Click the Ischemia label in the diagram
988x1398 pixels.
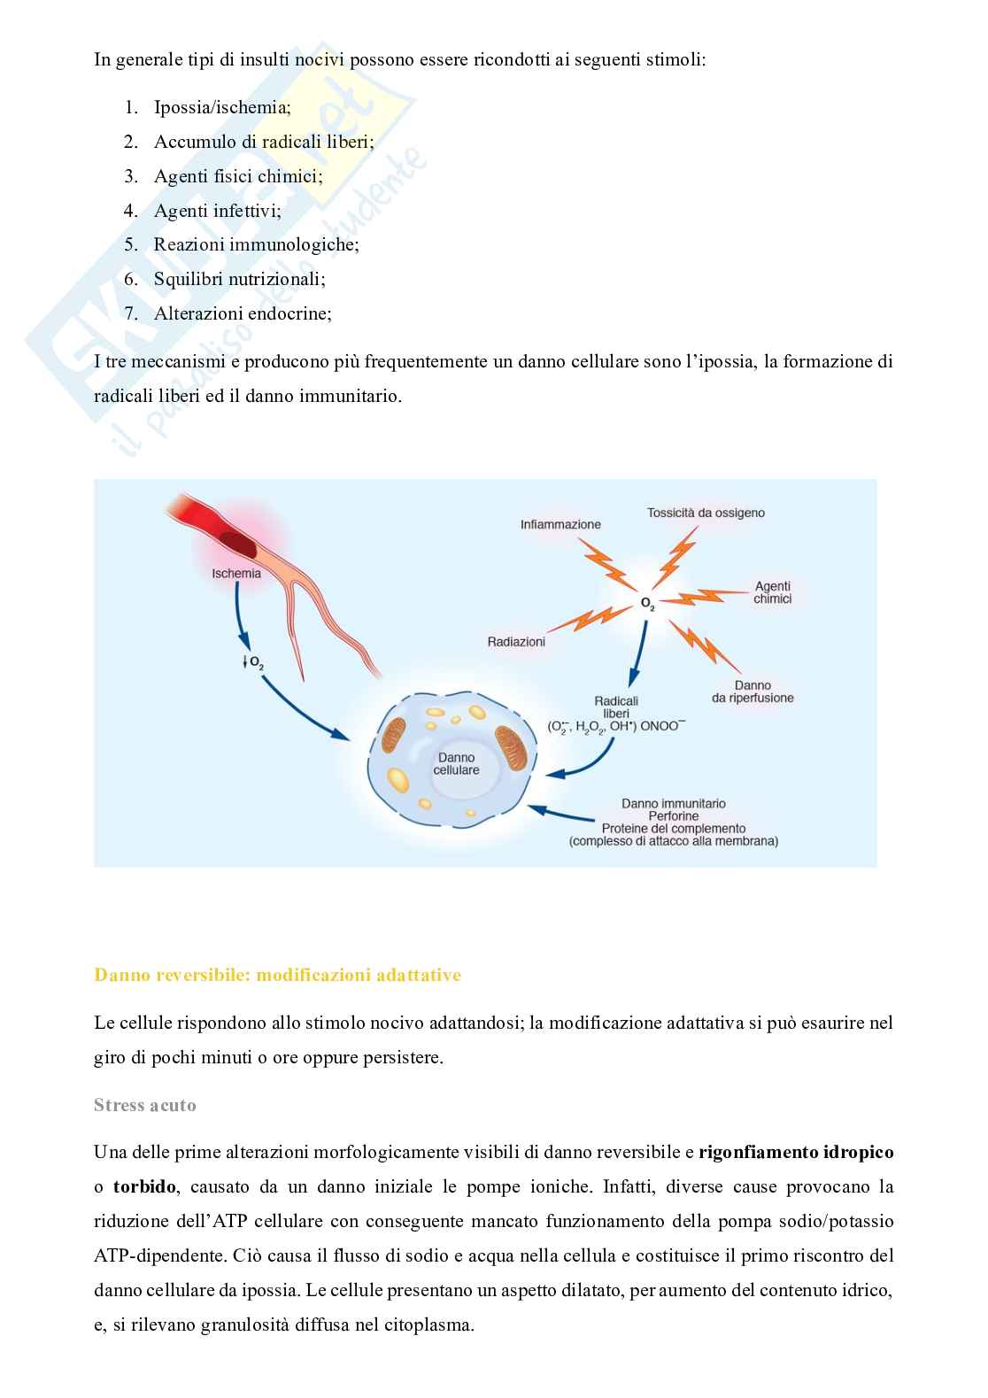tap(236, 573)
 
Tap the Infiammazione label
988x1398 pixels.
tap(560, 524)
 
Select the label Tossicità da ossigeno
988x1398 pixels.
tap(706, 513)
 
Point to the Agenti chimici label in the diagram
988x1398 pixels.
tap(772, 592)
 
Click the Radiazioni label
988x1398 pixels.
tap(516, 641)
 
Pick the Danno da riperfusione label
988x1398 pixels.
tap(753, 691)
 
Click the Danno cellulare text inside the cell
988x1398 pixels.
tap(456, 763)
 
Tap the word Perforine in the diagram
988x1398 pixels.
tap(673, 816)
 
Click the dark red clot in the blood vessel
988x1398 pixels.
tap(238, 544)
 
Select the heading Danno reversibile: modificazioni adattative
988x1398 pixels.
tap(277, 975)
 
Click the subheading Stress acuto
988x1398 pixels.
tap(145, 1105)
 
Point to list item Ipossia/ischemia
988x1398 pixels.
tap(222, 107)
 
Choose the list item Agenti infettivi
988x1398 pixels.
tap(217, 211)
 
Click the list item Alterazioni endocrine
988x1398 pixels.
tap(243, 313)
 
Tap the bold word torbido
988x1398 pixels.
tap(144, 1186)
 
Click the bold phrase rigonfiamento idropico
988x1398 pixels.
tap(796, 1152)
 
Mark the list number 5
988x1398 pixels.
tap(131, 244)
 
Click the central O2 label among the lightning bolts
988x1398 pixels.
tap(648, 604)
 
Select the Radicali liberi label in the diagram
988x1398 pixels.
tap(616, 707)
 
